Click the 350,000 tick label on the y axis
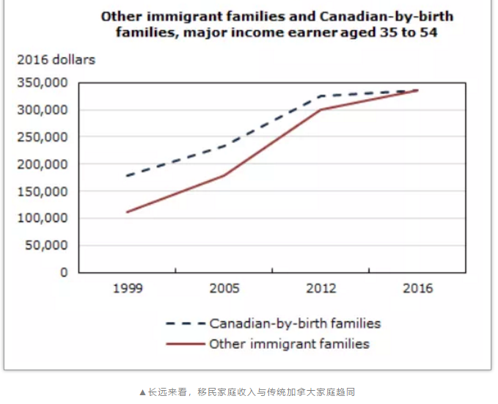coord(43,83)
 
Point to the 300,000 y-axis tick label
coord(43,110)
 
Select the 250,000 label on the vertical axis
coord(43,137)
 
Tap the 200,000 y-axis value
coord(43,164)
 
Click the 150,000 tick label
coord(43,191)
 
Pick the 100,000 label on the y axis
coord(43,218)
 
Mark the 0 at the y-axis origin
coord(64,273)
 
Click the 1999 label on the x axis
coord(128,288)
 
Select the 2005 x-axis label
coord(224,288)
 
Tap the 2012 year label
coord(321,288)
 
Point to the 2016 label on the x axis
coord(418,288)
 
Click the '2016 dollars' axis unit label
coord(56,60)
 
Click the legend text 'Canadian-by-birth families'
coord(295,323)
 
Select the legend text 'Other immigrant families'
coord(289,344)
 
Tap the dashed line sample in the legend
coord(185,323)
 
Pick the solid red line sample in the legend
coord(185,344)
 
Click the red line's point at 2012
coord(321,110)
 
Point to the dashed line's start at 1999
coord(128,176)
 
